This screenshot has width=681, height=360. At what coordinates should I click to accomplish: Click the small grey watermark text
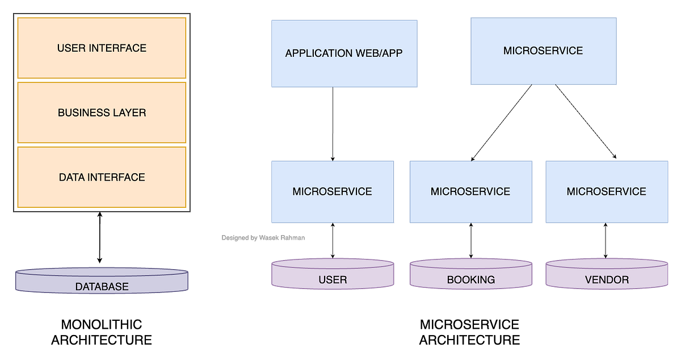pos(263,238)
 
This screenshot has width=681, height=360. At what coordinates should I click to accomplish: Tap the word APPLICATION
pos(319,53)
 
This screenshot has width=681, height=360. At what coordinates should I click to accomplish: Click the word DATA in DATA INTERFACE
pos(72,177)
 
